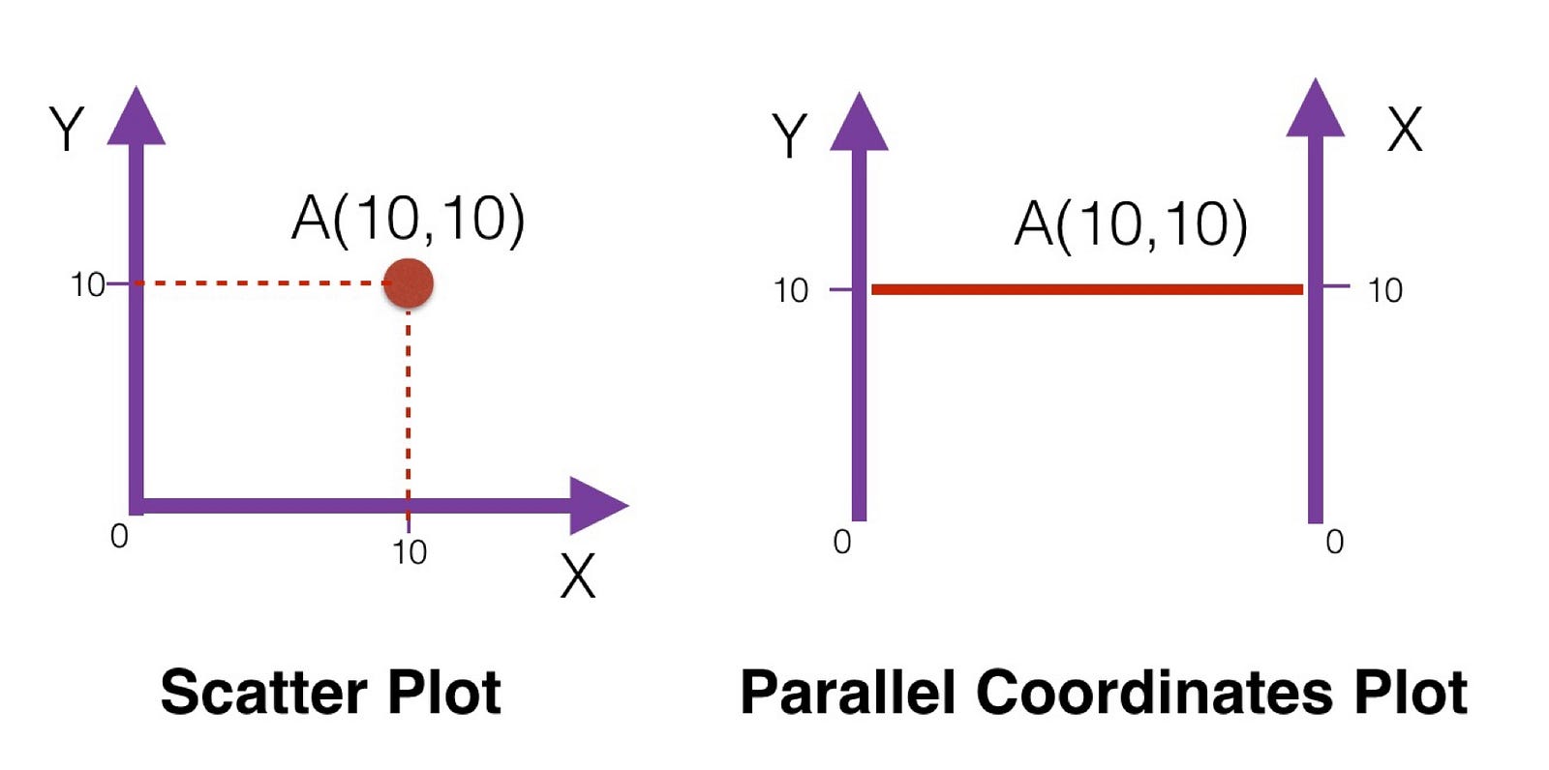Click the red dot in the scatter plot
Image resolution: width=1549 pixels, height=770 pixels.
408,283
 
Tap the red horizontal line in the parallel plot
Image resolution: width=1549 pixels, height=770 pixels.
1086,289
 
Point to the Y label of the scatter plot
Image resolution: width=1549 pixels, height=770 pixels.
67,130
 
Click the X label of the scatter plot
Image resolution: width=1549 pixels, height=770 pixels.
578,577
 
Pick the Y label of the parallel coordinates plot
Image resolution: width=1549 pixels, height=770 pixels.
790,135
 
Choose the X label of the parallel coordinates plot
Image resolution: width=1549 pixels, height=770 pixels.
1405,130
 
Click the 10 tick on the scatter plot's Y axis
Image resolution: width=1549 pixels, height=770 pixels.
87,284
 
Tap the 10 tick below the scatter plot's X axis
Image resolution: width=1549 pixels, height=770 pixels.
410,552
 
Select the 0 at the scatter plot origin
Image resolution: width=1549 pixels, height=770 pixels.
119,536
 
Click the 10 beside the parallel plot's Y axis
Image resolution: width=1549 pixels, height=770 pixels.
791,290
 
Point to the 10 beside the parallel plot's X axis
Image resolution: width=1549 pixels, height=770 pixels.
1384,290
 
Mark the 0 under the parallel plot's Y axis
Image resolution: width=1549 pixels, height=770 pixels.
842,542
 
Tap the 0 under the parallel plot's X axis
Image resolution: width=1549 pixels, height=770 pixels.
1334,542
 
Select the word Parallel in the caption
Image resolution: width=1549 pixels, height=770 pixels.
848,693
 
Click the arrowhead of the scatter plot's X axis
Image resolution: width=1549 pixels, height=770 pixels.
597,505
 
